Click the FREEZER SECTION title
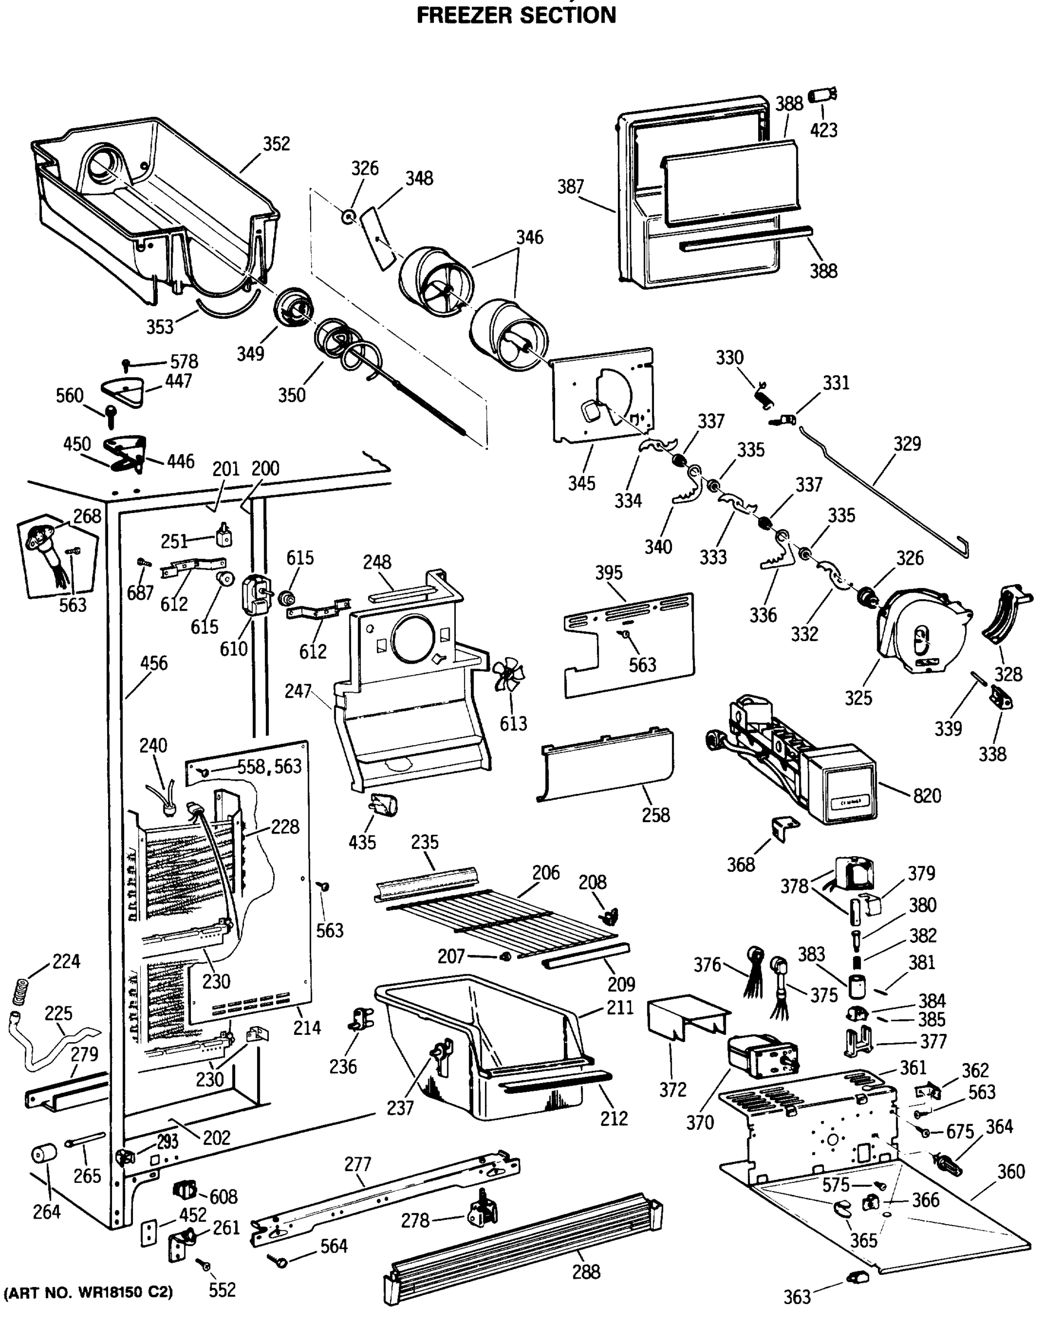coord(516,15)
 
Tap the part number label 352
coord(276,143)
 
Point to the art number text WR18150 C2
coord(89,1292)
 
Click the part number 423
coord(823,130)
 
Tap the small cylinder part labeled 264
coord(44,1154)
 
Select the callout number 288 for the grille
coord(585,1272)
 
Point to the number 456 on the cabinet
coord(153,663)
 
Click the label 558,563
coord(270,766)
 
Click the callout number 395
coord(609,573)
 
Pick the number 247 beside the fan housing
coord(297,691)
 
